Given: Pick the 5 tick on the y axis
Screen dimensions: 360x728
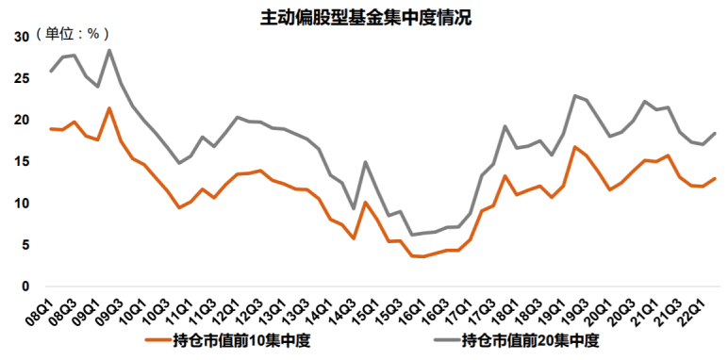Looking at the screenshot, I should tap(25, 245).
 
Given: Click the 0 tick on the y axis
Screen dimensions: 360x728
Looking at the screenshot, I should tap(25, 286).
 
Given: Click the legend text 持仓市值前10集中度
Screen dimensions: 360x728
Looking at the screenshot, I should tap(242, 339).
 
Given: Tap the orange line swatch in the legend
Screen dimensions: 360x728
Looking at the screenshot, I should tap(157, 340).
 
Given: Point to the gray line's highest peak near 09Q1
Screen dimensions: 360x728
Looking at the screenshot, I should tap(109, 50).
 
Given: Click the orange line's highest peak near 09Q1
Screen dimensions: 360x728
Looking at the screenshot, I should tap(109, 108).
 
